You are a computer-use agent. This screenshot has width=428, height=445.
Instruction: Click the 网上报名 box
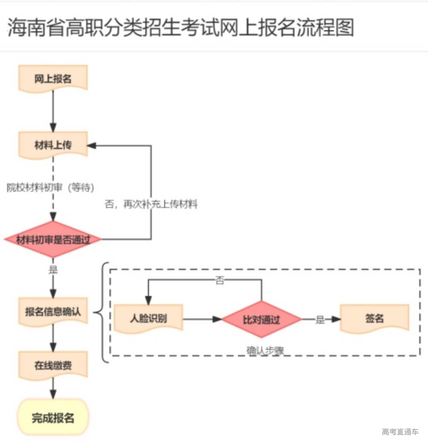[53, 79]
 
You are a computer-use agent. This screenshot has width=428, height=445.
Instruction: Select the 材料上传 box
[53, 145]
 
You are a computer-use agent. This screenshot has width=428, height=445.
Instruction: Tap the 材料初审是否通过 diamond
[53, 240]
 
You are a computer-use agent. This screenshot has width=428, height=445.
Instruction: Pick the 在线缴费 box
[53, 365]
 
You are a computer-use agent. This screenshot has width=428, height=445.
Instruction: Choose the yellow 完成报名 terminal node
[53, 418]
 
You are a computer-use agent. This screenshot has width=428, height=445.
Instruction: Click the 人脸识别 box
[148, 318]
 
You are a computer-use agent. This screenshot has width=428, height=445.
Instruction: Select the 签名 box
[374, 318]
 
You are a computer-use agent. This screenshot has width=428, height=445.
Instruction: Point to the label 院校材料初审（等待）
[50, 187]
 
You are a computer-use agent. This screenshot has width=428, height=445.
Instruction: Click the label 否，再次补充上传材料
[151, 204]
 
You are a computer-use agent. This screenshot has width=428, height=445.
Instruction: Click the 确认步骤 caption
[265, 351]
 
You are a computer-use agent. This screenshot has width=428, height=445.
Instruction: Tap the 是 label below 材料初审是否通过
[53, 270]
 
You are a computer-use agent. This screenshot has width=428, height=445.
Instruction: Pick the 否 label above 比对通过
[219, 280]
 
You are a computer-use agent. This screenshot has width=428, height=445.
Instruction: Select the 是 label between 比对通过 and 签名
[320, 320]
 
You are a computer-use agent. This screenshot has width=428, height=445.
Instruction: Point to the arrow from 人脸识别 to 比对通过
[202, 319]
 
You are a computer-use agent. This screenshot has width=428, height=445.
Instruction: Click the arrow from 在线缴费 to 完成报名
[53, 389]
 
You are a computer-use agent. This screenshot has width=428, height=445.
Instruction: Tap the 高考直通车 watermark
[400, 432]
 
